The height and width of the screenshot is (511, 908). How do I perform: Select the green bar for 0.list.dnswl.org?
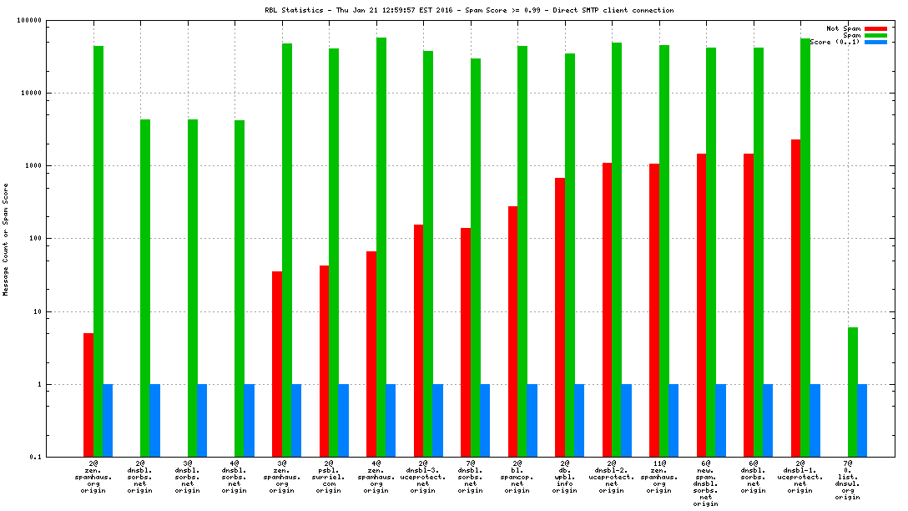[x=852, y=392]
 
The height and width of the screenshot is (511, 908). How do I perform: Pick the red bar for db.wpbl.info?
[x=560, y=317]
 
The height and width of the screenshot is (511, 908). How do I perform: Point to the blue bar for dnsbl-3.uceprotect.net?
[x=437, y=421]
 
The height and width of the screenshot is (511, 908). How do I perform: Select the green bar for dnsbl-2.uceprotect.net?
[x=617, y=250]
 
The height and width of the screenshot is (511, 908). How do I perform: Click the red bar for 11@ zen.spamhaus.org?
[x=654, y=310]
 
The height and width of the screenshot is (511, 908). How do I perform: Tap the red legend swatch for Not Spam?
[x=875, y=28]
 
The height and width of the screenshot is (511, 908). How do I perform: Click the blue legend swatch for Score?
[x=875, y=42]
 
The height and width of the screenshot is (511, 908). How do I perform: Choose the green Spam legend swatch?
[x=875, y=35]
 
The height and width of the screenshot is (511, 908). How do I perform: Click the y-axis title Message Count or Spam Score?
[x=6, y=239]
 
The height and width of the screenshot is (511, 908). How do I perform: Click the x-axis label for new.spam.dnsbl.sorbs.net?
[x=706, y=483]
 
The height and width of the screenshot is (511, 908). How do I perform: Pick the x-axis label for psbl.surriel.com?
[x=329, y=477]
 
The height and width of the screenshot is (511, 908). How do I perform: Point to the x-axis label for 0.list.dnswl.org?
[x=848, y=480]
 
